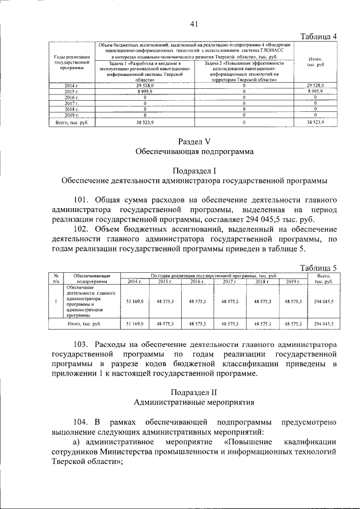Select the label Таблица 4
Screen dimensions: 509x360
pyautogui.click(x=318, y=37)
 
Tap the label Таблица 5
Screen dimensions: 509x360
pyautogui.click(x=318, y=268)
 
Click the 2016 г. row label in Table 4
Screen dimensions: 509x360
pyautogui.click(x=71, y=97)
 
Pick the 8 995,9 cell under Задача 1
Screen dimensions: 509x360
pyautogui.click(x=145, y=91)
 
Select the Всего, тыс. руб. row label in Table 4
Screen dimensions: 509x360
pyautogui.click(x=71, y=121)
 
